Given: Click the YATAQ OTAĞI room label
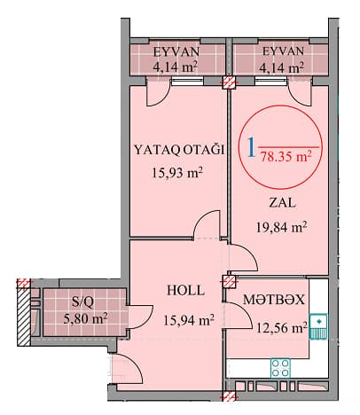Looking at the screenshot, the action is coord(179,150).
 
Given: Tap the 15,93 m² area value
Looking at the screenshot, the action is coord(177,172).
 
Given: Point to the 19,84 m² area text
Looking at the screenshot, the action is coord(281,227).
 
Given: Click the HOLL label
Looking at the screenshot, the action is coord(186,290).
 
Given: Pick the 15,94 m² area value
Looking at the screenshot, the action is coord(189,319).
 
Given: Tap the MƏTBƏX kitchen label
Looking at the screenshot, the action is coord(273,300).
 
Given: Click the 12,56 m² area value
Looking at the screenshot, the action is coord(281,327).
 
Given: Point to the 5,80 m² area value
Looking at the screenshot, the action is coord(85,318).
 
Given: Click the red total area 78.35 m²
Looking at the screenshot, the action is coord(286,156).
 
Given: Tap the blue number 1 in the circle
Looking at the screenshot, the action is coord(251,147).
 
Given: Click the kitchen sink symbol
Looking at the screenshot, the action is coord(318,326).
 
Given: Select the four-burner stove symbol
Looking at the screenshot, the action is coord(280,367).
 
